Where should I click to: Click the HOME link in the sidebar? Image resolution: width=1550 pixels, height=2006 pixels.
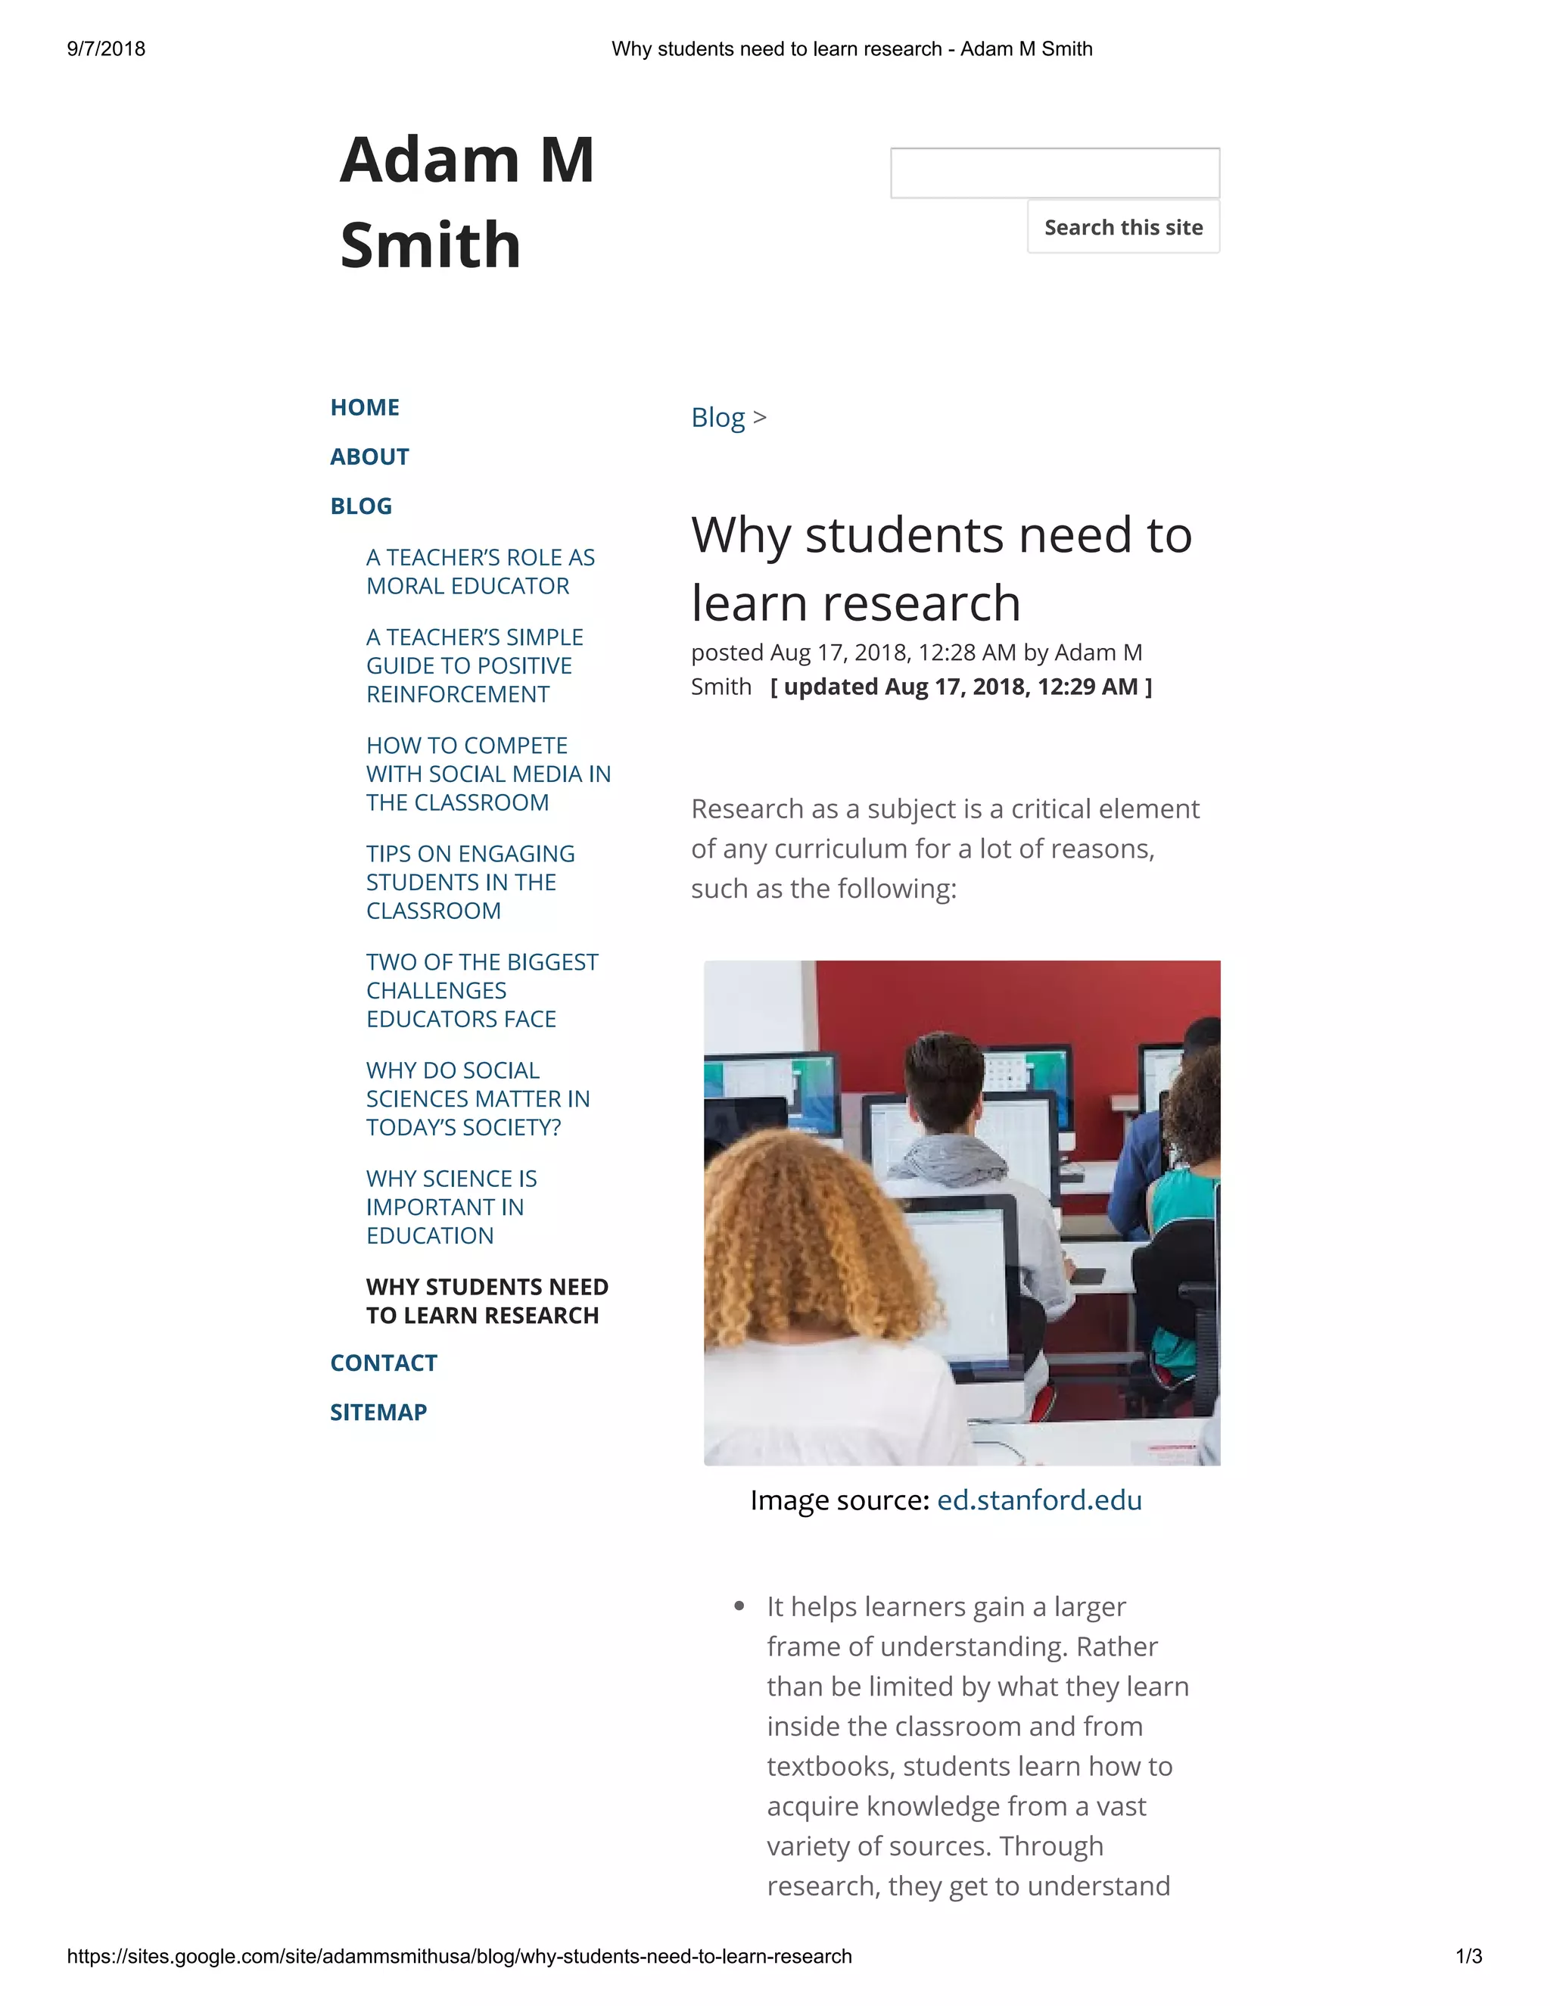pyautogui.click(x=365, y=407)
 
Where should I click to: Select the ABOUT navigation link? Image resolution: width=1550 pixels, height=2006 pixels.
pyautogui.click(x=369, y=456)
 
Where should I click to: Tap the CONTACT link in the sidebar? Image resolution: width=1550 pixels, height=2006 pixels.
pyautogui.click(x=383, y=1363)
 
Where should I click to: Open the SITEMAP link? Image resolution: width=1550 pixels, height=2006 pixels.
pyautogui.click(x=378, y=1413)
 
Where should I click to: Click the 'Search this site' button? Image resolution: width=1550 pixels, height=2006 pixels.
pyautogui.click(x=1122, y=227)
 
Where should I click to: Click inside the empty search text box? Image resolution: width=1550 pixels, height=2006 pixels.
pyautogui.click(x=1054, y=173)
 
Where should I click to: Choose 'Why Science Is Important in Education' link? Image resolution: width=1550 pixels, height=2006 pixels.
pyautogui.click(x=451, y=1207)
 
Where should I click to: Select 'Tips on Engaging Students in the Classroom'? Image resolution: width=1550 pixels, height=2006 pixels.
pyautogui.click(x=470, y=882)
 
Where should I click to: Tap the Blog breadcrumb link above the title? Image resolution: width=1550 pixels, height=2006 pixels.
pyautogui.click(x=717, y=417)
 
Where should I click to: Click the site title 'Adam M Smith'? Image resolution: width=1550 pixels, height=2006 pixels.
pyautogui.click(x=466, y=202)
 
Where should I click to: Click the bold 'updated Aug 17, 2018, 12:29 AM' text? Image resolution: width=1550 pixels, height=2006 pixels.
pyautogui.click(x=960, y=687)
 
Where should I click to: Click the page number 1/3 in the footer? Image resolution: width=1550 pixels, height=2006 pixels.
pyautogui.click(x=1468, y=1956)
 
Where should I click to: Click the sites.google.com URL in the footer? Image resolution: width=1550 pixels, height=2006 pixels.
pyautogui.click(x=459, y=1956)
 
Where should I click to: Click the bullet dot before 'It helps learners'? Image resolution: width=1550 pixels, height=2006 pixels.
pyautogui.click(x=739, y=1606)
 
